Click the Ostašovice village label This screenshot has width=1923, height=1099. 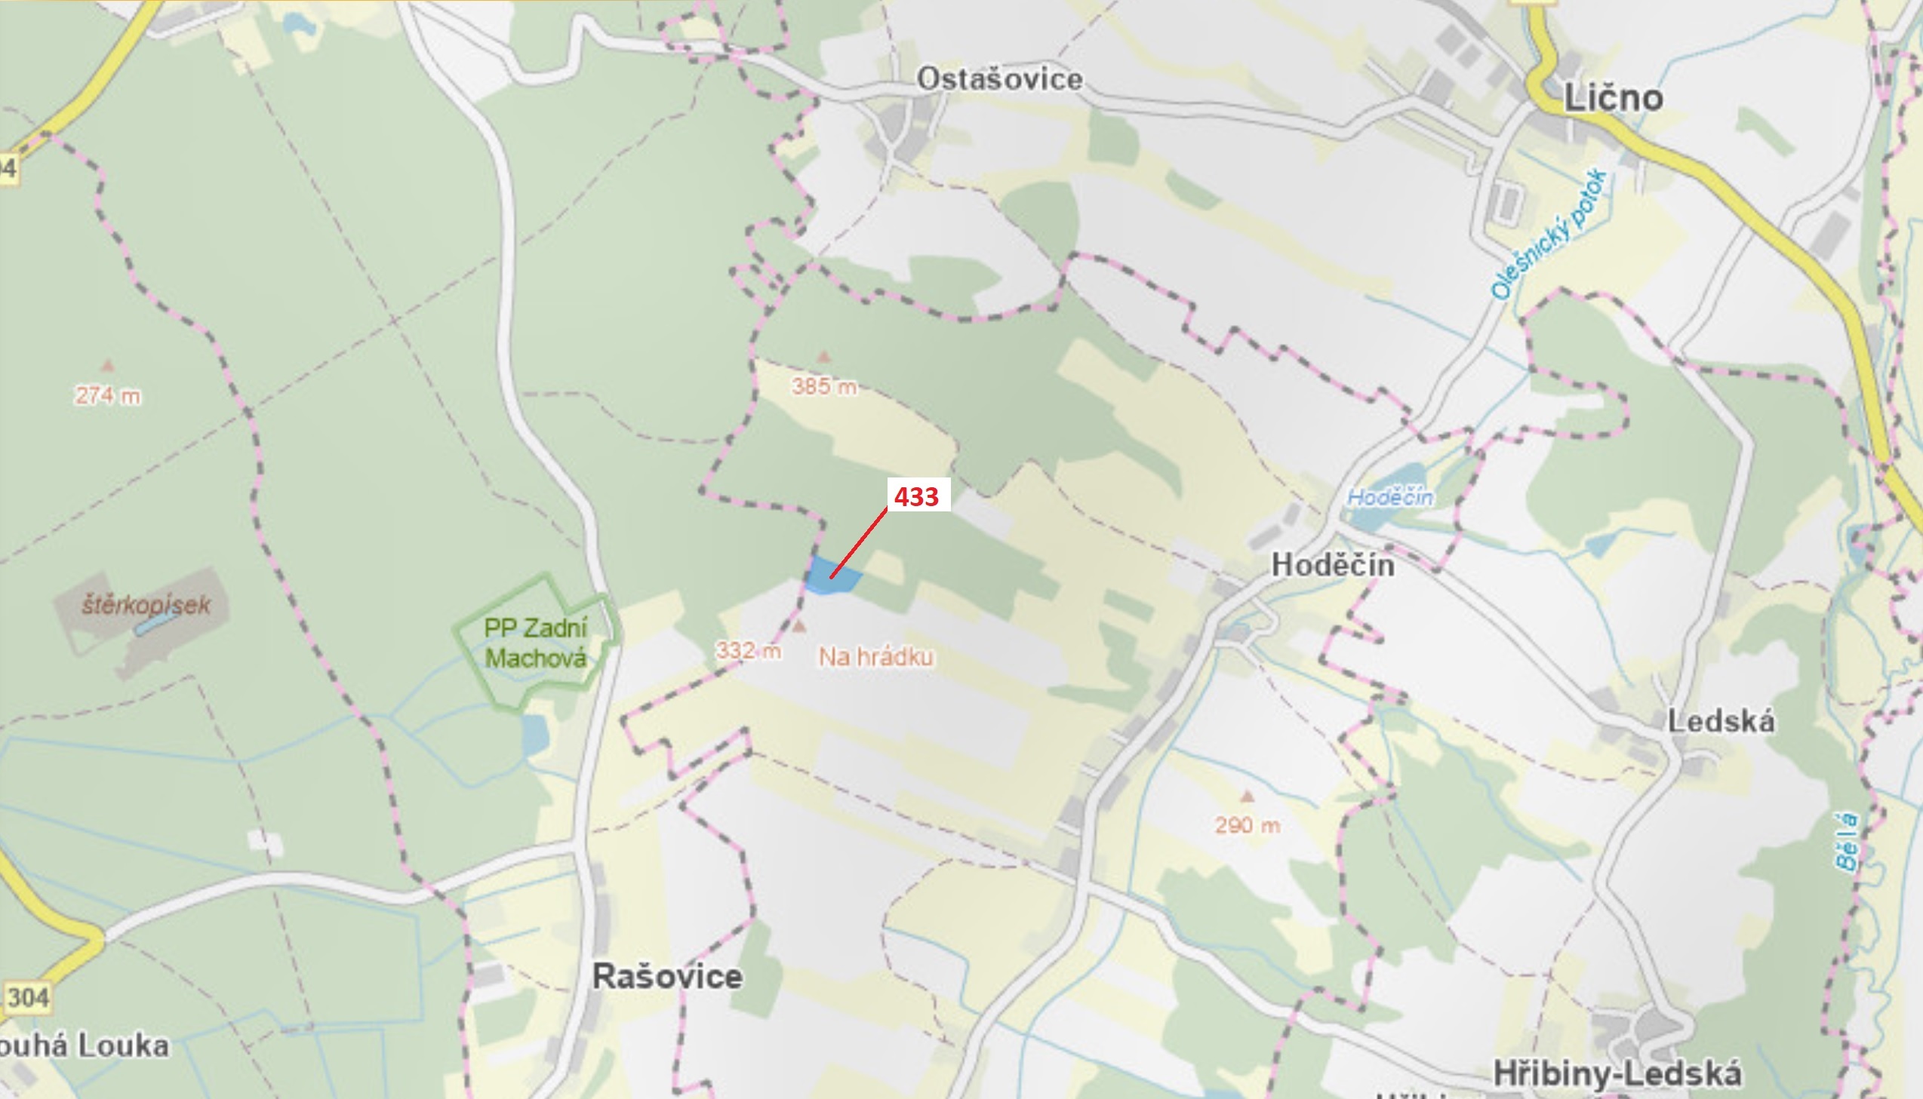(999, 79)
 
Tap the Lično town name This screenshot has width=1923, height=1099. (1613, 98)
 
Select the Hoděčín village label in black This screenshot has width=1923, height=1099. (1333, 565)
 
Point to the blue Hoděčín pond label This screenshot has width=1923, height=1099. (1390, 497)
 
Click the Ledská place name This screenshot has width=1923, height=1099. (1721, 721)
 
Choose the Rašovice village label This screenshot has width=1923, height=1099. (666, 976)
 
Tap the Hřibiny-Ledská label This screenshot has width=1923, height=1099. (1617, 1073)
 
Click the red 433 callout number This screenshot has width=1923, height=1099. (915, 496)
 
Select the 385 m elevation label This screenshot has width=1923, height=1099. (823, 386)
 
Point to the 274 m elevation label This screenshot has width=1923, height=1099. (107, 394)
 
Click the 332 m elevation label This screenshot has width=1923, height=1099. (747, 650)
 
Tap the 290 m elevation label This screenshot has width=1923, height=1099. (1248, 825)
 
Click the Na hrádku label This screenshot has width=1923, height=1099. (875, 657)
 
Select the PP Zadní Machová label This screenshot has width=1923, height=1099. (534, 643)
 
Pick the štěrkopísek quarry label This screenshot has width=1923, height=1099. (146, 605)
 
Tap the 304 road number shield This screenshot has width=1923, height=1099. (27, 997)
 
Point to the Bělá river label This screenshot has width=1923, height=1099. (1845, 842)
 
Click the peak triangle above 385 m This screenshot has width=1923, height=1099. (823, 356)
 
